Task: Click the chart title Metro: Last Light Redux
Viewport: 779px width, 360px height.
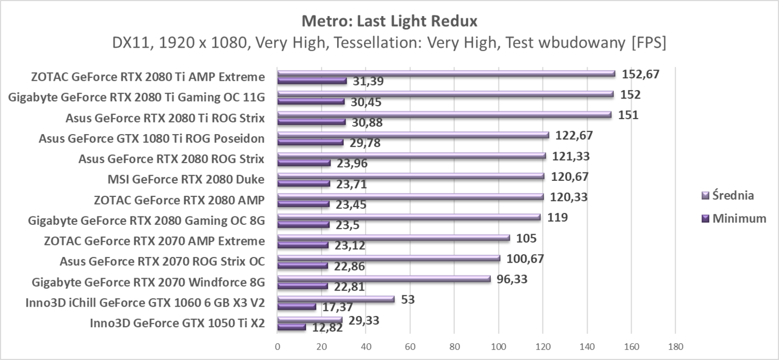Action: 389,21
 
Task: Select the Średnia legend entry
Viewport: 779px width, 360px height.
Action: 733,195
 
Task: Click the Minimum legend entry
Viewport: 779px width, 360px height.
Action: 739,219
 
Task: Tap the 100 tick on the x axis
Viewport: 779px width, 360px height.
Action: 499,346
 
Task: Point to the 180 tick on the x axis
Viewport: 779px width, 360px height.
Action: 675,346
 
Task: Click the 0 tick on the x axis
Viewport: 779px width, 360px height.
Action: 278,346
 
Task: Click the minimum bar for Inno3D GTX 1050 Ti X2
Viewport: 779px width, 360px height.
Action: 292,327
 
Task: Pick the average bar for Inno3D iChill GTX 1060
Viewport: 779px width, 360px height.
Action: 336,299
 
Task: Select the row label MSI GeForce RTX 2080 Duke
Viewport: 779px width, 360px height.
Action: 186,179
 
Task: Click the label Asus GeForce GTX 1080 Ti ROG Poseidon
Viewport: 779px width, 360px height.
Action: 151,139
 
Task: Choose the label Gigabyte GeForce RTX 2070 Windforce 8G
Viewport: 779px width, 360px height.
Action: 149,282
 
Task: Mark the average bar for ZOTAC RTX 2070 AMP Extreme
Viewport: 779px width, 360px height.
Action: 393,238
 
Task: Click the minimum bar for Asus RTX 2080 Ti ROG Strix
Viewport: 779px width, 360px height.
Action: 312,122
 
